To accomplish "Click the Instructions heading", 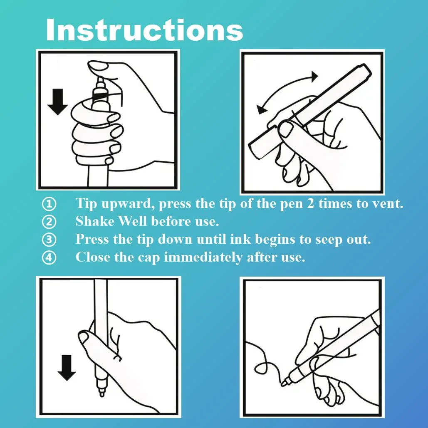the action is (144, 30).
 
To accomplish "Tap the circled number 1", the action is (49, 204).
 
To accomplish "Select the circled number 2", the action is (49, 222).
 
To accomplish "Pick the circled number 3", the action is (49, 240).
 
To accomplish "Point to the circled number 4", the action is (49, 257).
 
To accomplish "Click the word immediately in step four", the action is (203, 257).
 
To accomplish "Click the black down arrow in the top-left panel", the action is (57, 101).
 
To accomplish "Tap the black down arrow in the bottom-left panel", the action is (67, 368).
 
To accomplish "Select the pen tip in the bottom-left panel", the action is (101, 392).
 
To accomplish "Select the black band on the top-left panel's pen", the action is (101, 96).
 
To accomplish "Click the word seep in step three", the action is (328, 240).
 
